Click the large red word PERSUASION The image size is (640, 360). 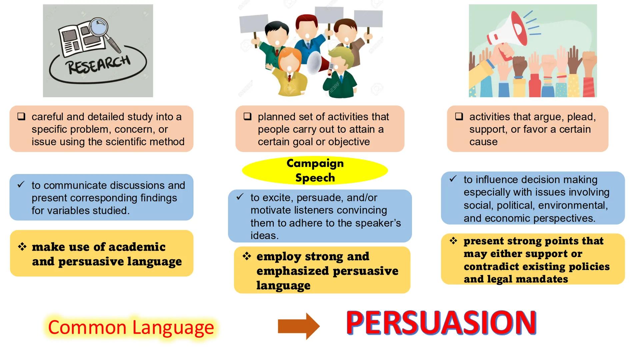click(x=441, y=323)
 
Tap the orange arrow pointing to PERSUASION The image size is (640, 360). click(x=298, y=326)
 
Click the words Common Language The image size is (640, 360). click(x=131, y=327)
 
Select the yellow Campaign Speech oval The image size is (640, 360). click(x=315, y=170)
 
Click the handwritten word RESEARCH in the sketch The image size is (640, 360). click(x=99, y=64)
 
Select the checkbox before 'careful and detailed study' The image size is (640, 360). click(x=21, y=117)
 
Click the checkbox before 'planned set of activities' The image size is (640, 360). click(x=247, y=117)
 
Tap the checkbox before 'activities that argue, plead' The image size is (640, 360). click(x=459, y=117)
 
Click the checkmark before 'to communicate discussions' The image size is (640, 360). click(x=21, y=184)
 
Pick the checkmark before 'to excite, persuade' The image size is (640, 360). click(x=240, y=197)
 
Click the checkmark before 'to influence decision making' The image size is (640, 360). click(x=453, y=179)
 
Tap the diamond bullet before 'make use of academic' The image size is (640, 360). click(x=22, y=247)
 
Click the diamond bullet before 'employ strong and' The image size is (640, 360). click(x=247, y=256)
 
